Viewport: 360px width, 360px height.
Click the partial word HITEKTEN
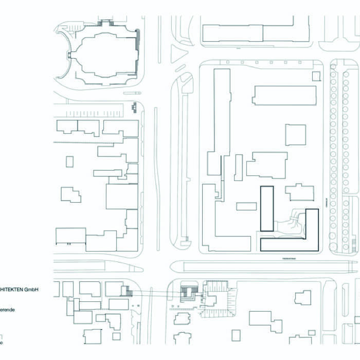pos(11,290)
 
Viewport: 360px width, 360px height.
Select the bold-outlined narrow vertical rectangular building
pos(266,208)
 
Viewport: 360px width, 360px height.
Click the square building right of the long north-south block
pos(295,135)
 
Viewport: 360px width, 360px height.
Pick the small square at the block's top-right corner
pos(316,76)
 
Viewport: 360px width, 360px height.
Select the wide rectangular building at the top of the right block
pos(284,95)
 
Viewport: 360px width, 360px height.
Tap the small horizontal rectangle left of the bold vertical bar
pos(246,206)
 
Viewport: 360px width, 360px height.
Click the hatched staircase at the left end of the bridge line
pos(126,292)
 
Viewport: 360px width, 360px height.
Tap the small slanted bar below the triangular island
pos(180,68)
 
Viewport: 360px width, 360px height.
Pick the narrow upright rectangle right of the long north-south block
pos(238,167)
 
